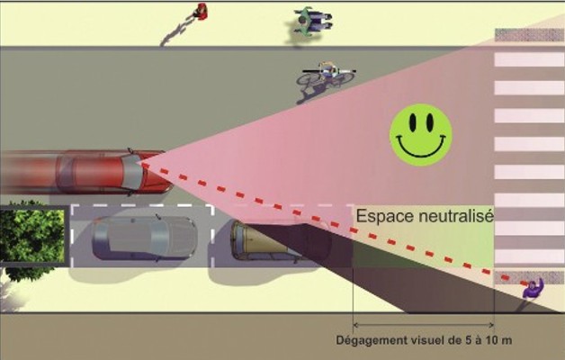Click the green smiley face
[420, 134]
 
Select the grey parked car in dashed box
[144, 236]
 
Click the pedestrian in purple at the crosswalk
[534, 290]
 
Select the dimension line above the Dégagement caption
[423, 324]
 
